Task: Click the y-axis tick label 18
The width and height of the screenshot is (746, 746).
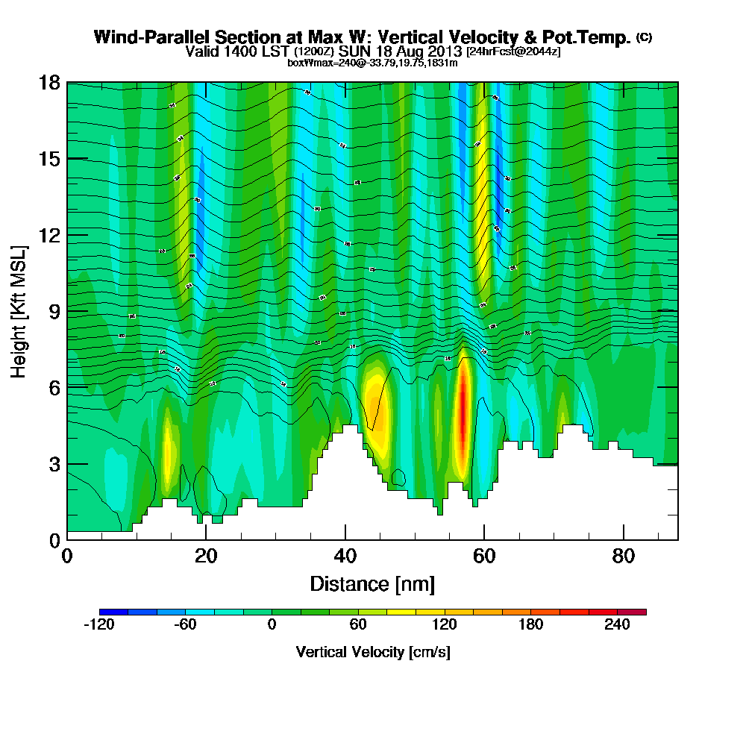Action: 49,82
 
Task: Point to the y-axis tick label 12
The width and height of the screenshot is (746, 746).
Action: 49,234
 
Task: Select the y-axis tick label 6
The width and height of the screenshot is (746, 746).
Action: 54,386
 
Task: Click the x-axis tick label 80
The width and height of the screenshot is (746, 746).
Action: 623,556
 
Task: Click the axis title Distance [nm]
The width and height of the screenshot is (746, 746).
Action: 372,583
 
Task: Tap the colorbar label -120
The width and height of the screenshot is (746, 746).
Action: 98,625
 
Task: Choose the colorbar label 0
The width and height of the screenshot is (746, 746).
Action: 272,625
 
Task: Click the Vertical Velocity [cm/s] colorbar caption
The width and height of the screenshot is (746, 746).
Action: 372,652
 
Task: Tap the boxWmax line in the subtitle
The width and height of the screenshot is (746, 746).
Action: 372,63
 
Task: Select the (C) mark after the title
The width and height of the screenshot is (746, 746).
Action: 644,37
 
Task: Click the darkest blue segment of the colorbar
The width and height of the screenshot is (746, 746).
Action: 113,612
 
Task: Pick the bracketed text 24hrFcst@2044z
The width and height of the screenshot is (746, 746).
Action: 513,51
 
